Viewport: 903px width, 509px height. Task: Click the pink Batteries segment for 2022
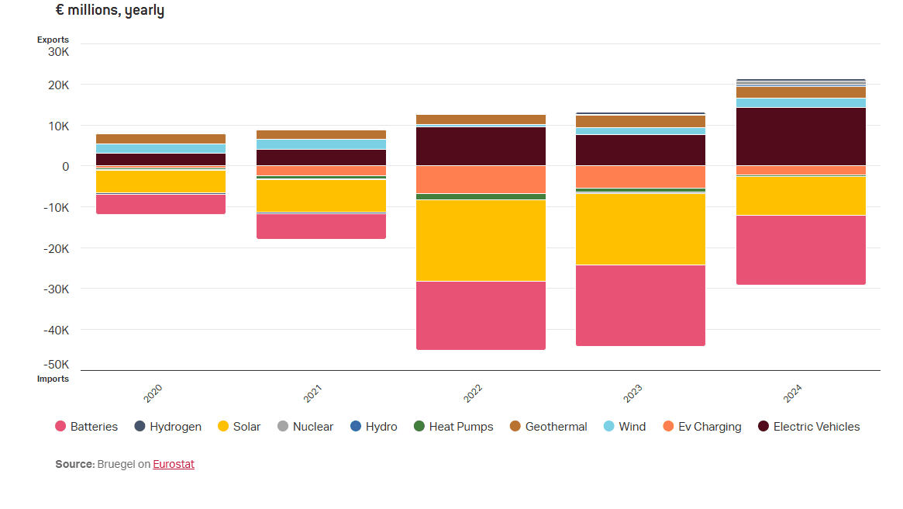481,315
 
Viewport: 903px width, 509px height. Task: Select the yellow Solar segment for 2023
640,229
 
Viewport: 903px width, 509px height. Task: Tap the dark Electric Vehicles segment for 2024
801,137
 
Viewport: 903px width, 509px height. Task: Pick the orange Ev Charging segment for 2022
481,179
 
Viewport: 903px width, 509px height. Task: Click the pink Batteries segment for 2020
160,204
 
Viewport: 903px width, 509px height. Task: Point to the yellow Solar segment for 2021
321,196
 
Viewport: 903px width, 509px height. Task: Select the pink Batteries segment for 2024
801,250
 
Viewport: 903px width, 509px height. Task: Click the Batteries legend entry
87,427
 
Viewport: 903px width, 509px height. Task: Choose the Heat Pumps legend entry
453,427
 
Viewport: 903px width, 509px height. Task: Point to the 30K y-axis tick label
58,52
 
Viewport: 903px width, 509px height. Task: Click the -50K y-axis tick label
56,365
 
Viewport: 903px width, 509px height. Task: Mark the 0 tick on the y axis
65,166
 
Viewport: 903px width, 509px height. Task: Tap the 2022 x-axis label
473,393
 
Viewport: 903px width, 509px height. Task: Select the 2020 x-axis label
153,393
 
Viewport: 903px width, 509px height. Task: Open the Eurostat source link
174,464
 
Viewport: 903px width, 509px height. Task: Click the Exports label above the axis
53,40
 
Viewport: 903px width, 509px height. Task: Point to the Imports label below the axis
53,379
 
